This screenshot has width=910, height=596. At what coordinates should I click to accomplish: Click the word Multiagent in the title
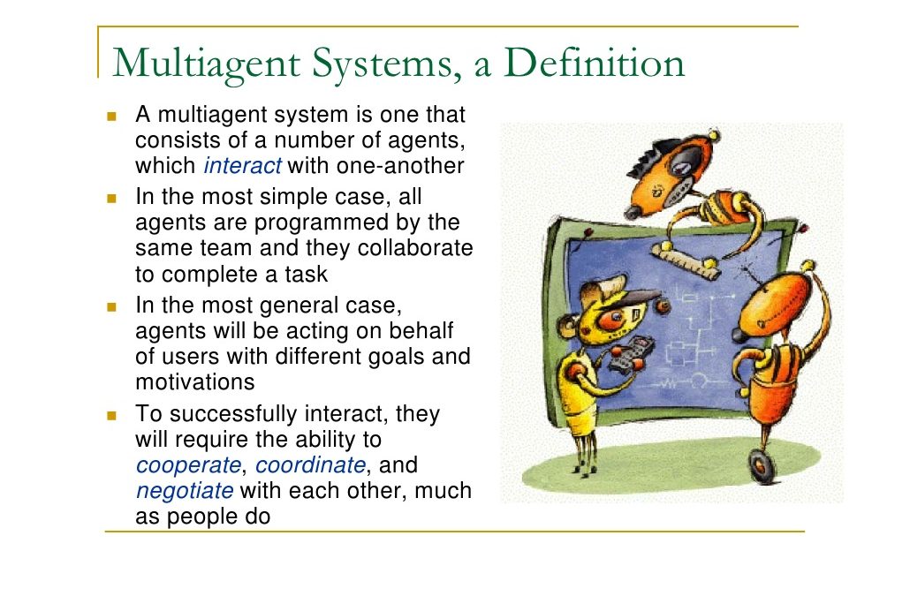(207, 64)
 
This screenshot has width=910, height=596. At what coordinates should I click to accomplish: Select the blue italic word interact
(243, 166)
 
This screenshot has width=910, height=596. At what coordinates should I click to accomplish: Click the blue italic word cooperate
(188, 465)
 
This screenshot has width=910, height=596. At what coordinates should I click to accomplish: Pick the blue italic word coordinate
(310, 465)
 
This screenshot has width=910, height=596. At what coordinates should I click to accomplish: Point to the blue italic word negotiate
(185, 491)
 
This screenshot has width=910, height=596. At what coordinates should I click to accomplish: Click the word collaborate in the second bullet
(415, 247)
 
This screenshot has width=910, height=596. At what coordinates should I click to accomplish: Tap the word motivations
(195, 382)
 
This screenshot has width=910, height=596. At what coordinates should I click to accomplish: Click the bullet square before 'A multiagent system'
(112, 116)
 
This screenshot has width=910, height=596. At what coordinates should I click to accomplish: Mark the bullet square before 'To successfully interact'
(112, 415)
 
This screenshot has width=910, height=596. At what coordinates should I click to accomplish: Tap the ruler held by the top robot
(685, 260)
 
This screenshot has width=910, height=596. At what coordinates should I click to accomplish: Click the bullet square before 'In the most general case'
(112, 306)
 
